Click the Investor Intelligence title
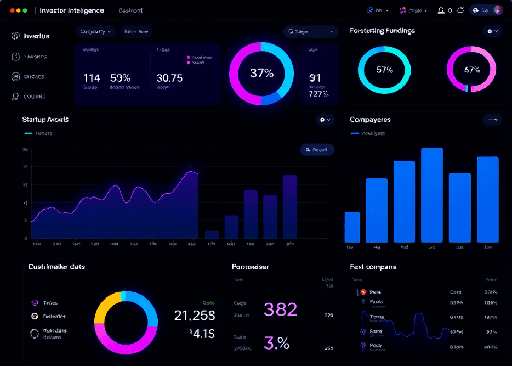71,10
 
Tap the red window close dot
13,10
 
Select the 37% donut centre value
261,73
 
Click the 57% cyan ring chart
384,70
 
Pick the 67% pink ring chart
471,70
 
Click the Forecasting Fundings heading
382,31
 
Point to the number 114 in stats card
92,78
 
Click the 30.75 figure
169,78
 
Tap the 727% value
318,94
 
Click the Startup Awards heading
45,119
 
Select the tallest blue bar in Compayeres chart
431,195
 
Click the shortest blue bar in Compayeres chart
352,227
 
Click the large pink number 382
281,309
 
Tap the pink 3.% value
277,343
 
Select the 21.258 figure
195,315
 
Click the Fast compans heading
373,267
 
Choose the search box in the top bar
311,32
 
